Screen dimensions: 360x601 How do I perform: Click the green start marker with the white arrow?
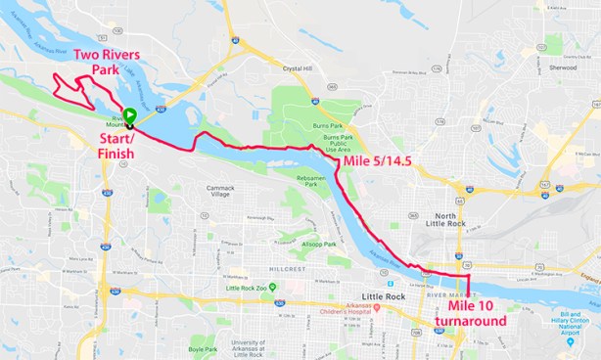coord(129,114)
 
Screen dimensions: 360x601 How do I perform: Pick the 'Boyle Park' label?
coord(203,348)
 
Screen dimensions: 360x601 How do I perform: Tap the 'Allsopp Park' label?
coord(318,244)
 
